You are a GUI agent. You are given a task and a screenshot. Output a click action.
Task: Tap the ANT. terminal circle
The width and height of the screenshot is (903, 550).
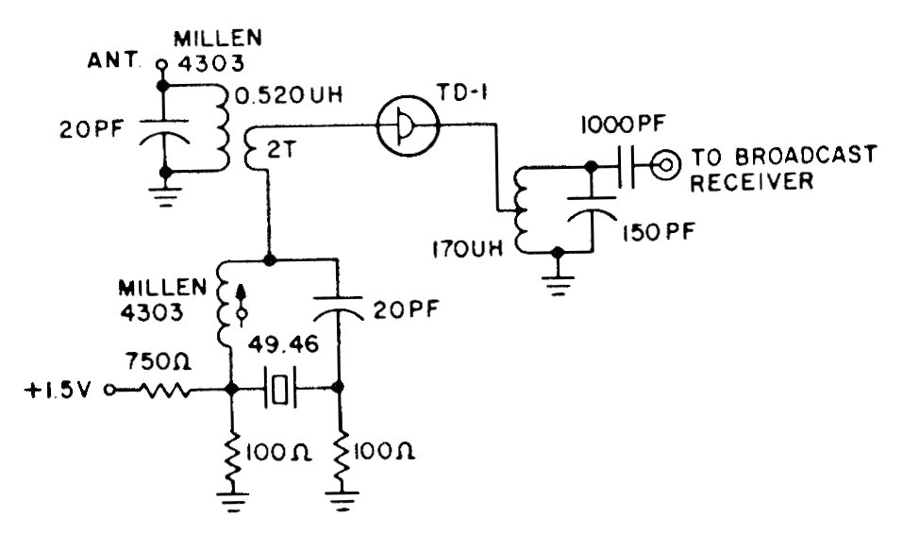161,66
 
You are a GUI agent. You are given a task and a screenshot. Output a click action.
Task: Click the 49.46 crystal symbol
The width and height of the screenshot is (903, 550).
280,388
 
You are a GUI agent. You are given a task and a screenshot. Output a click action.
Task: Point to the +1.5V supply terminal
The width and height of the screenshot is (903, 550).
109,388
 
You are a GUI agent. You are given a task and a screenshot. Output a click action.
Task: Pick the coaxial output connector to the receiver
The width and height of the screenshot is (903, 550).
667,167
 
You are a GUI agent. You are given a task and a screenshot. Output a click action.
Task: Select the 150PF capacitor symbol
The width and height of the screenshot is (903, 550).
591,215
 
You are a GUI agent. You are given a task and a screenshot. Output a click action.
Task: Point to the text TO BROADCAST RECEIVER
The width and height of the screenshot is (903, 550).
783,168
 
